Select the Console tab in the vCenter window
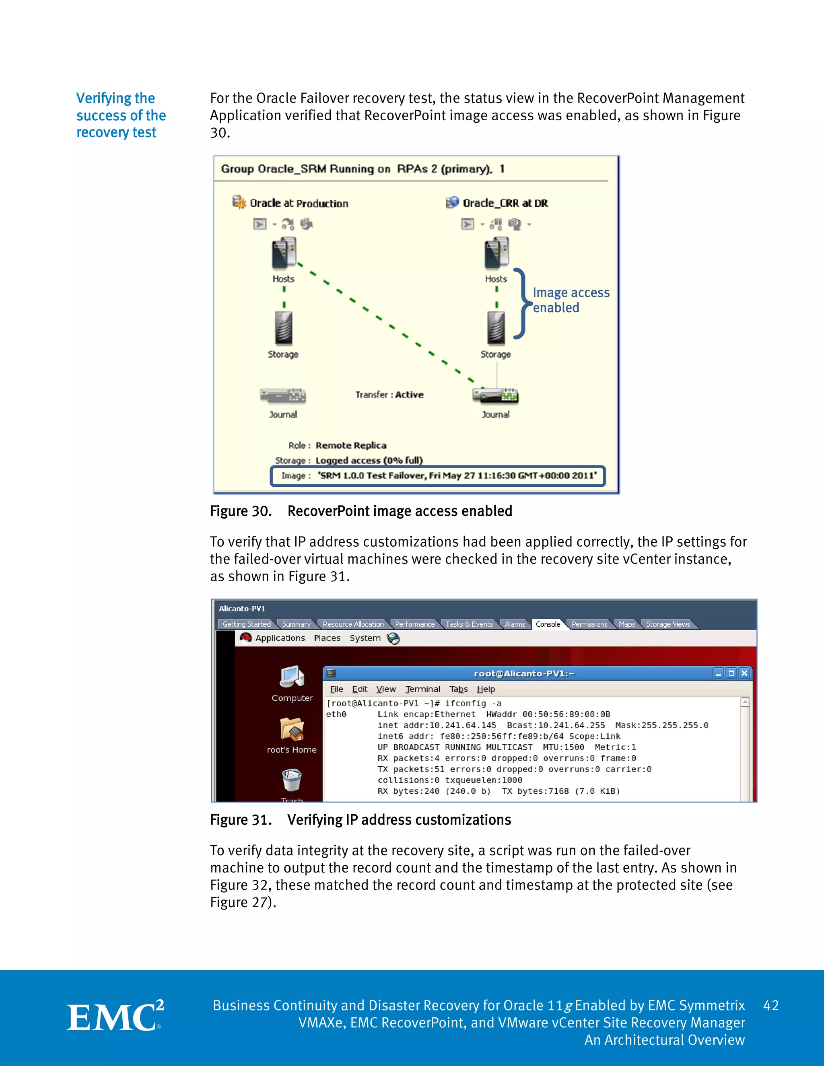tap(548, 624)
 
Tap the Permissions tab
tap(589, 624)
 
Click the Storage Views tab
tap(668, 624)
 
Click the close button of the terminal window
tap(744, 673)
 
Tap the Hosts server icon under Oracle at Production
tap(284, 253)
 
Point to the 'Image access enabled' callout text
tap(571, 300)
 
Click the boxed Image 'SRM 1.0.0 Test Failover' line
tap(438, 476)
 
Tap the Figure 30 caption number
tap(241, 511)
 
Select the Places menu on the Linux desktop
tap(327, 638)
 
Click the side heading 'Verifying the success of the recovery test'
tap(121, 115)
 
